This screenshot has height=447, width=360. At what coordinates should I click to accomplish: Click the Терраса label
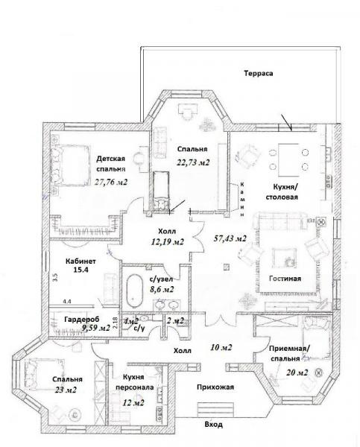tap(258, 74)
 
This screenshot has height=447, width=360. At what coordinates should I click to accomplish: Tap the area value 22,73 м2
tap(193, 162)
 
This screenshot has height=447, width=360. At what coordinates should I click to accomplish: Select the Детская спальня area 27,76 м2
tap(110, 182)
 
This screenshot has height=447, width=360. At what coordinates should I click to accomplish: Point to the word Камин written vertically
tap(242, 199)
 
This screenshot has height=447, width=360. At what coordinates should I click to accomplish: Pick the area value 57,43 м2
tap(230, 238)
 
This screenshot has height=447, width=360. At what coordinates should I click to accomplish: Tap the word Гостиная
tap(285, 278)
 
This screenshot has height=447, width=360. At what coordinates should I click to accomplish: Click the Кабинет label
tap(80, 261)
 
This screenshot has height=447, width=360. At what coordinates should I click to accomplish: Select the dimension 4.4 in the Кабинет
tap(67, 301)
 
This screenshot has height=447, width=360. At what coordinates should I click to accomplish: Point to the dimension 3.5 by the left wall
tap(55, 277)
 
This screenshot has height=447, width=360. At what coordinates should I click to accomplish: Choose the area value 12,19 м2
tap(168, 241)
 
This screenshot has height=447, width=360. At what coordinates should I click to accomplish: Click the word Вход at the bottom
tap(214, 425)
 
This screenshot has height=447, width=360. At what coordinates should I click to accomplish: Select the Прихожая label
tap(215, 387)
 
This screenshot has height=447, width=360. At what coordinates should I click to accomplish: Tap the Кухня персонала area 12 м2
tap(133, 402)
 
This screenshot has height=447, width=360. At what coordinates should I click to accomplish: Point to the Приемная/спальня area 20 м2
tap(297, 372)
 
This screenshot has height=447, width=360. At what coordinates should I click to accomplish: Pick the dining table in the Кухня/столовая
tap(288, 160)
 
